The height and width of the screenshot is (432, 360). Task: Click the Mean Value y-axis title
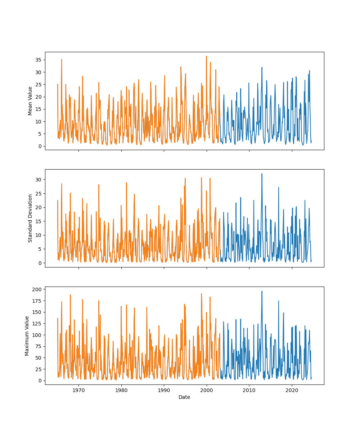[30, 101]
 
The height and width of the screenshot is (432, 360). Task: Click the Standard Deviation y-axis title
[30, 218]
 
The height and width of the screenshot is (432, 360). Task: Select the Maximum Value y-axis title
[27, 336]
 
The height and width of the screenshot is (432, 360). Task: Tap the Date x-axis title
[184, 397]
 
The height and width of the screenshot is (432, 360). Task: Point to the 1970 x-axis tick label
[79, 390]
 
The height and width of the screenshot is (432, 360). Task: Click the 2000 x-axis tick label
[207, 390]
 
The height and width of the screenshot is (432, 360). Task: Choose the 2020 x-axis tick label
[292, 390]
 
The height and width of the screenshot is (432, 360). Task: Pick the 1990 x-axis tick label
[164, 390]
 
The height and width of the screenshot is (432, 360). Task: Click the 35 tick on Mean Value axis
[38, 60]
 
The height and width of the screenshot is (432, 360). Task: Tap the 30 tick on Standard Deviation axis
[38, 180]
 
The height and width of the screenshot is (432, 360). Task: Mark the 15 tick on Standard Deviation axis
[38, 221]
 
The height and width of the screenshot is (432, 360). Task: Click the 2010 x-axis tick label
[249, 390]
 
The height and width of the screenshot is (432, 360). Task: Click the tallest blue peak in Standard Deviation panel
[262, 174]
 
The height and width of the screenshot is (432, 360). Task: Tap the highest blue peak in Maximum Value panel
[262, 291]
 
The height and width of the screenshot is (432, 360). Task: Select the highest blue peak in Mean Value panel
[262, 67]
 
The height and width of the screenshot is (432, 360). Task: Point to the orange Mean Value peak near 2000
[206, 56]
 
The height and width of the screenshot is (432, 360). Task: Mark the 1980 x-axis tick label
[121, 390]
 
